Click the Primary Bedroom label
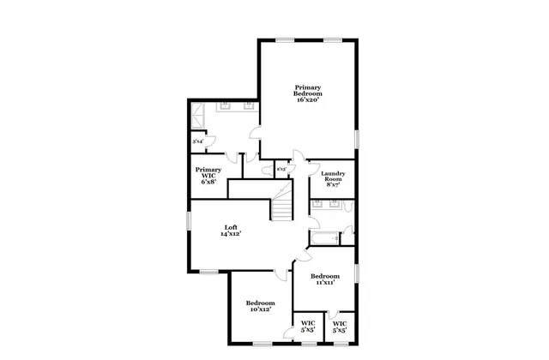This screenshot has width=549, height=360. pyautogui.click(x=308, y=90)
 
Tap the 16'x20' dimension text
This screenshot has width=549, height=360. pyautogui.click(x=308, y=100)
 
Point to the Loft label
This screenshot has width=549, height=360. pyautogui.click(x=231, y=226)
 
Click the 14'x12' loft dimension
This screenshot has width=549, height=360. pyautogui.click(x=231, y=233)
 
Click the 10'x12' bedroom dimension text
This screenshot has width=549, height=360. pyautogui.click(x=260, y=309)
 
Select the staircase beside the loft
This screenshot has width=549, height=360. pyautogui.click(x=283, y=209)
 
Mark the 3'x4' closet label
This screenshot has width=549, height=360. pyautogui.click(x=197, y=141)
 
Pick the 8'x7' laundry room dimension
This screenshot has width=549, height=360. pyautogui.click(x=333, y=184)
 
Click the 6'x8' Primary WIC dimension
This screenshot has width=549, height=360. pyautogui.click(x=208, y=181)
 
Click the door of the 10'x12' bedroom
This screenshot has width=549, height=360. pyautogui.click(x=281, y=275)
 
